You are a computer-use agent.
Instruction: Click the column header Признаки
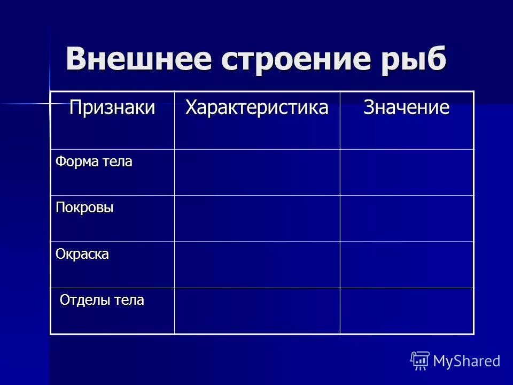[112, 107]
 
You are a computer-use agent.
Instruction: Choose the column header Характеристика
[257, 107]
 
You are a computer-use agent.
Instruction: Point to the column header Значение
[407, 107]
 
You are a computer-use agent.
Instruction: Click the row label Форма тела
[94, 161]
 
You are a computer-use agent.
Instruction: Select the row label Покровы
[85, 207]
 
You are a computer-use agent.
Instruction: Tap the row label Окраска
[83, 253]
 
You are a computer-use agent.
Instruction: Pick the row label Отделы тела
[102, 300]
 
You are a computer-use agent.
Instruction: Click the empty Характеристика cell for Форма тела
[257, 172]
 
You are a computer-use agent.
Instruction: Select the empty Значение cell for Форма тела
[407, 172]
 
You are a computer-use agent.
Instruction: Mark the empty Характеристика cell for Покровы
[257, 218]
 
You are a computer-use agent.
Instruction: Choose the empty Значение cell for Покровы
[407, 218]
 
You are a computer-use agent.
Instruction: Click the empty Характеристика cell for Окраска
[257, 264]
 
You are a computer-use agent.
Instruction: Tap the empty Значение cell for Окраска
[407, 264]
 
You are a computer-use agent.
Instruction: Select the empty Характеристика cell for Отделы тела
[257, 311]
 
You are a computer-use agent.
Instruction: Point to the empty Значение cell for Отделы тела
[407, 311]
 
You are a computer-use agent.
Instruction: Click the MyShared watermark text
[467, 361]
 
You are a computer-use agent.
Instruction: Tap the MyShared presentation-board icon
[419, 360]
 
